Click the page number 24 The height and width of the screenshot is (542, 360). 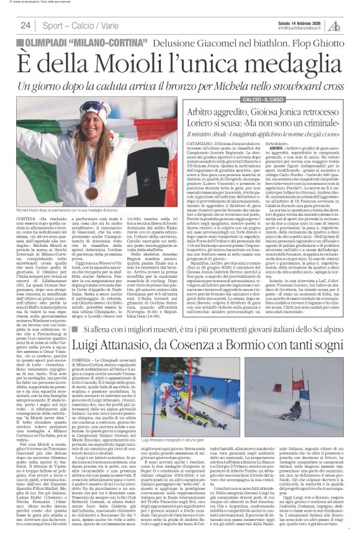26,25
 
